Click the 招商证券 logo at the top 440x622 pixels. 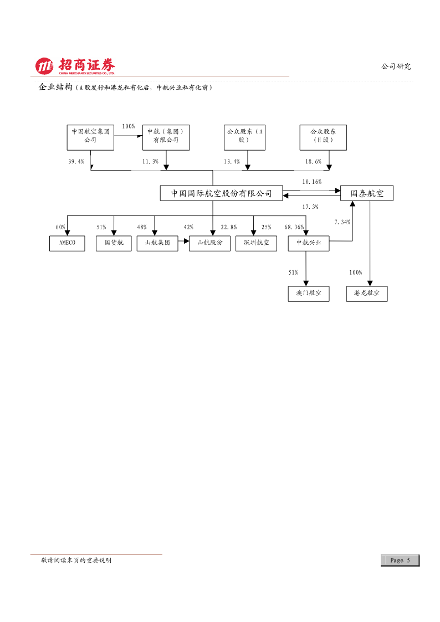pos(75,66)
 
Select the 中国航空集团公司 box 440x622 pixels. pos(90,138)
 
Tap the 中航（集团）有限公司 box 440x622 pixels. pos(166,138)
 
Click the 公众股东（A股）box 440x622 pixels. pos(244,138)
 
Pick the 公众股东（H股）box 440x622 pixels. pos(323,138)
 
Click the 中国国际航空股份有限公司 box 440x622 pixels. pos(222,193)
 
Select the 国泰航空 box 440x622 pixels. pos(367,193)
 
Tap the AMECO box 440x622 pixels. pos(67,243)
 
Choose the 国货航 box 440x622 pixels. pos(114,243)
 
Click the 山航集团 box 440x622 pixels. pos(157,243)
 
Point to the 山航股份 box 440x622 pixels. pos(209,243)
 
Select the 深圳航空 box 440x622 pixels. pos(257,243)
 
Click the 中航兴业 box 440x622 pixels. pos(309,243)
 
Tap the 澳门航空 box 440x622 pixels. pos(309,294)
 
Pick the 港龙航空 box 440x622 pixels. pos(367,294)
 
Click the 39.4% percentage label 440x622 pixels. pos(76,161)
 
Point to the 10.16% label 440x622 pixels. pos(312,182)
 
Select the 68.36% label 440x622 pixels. pos(294,227)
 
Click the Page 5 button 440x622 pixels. pos(400,560)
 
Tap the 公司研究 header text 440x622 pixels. pos(396,66)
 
